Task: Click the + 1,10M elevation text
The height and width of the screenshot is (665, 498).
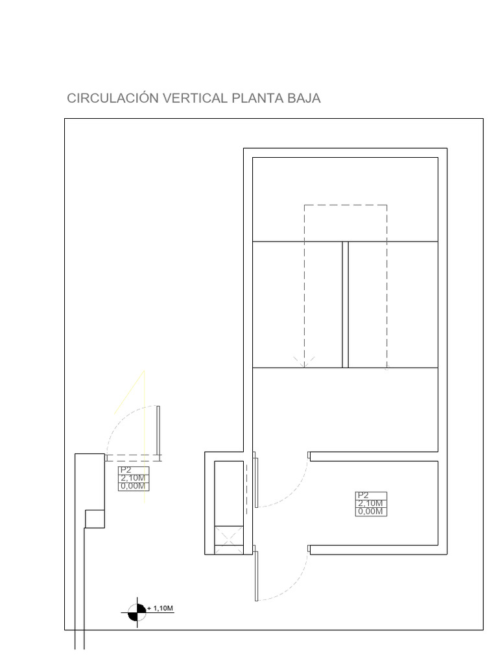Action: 161,609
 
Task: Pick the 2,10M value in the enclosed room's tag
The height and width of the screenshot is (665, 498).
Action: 370,503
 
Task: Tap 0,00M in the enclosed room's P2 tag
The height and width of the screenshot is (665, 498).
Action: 370,511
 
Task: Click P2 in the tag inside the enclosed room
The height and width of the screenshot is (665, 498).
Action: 362,496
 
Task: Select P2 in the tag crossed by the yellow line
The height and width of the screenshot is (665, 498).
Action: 125,471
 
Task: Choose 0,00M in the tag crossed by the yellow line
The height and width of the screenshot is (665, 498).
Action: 134,486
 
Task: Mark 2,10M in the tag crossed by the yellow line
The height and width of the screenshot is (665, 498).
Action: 134,479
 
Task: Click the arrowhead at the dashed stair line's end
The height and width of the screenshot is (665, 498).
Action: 304,362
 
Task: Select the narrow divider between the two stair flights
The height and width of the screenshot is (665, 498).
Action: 345,305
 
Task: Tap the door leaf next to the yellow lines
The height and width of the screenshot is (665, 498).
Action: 158,431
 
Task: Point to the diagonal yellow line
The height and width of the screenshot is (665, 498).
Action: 129,392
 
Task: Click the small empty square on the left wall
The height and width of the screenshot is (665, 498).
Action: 95,519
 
